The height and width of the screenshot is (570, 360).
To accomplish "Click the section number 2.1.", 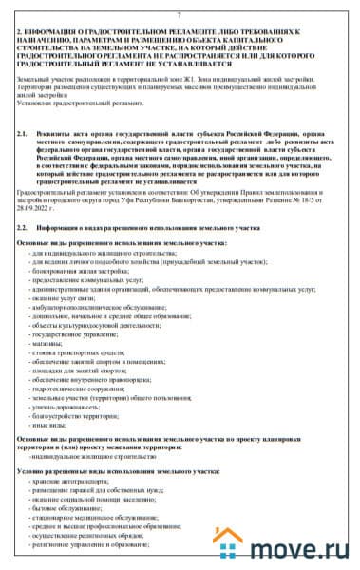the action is [24, 135].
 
